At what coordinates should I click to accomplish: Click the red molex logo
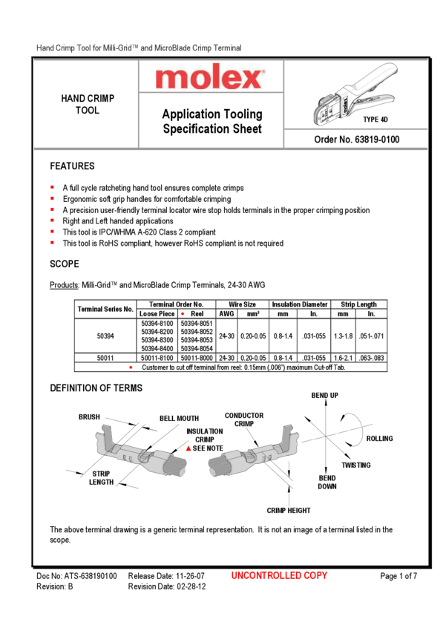tap(210, 77)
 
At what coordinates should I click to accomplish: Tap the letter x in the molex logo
tap(252, 78)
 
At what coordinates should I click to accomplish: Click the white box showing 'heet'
tap(250, 128)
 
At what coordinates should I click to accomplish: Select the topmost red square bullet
tap(53, 186)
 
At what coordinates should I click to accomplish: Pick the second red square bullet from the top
tap(53, 197)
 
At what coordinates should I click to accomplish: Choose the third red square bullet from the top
tap(53, 209)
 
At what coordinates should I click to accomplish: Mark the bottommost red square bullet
tap(53, 242)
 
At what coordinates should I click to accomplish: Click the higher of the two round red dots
tap(183, 313)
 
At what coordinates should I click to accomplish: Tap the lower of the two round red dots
tap(131, 367)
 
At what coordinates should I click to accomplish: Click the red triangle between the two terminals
tap(188, 448)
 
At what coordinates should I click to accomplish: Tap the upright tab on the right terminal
tap(289, 434)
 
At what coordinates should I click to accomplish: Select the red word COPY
tap(315, 575)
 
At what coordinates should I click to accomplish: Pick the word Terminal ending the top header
tap(226, 48)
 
